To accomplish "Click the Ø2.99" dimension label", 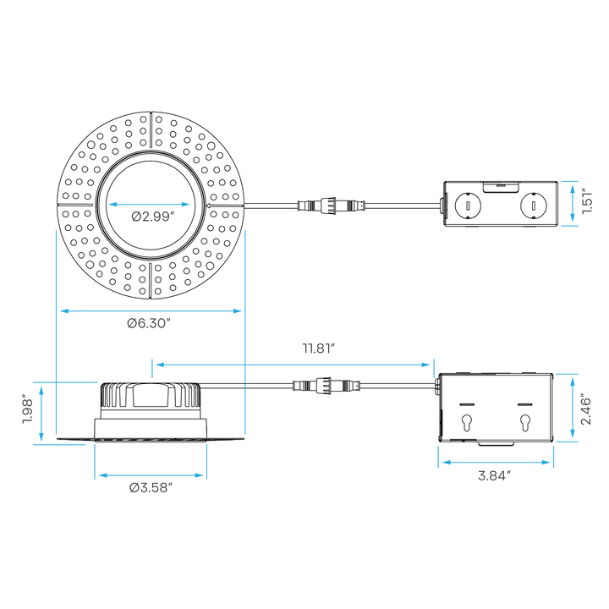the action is (x=151, y=217).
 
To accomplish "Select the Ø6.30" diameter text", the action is (x=149, y=323).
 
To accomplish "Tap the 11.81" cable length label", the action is (x=319, y=348).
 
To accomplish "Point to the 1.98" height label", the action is (x=28, y=409).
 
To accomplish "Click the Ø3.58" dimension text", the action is (x=151, y=488).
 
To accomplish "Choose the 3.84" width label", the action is (x=494, y=475).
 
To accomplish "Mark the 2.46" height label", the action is (x=585, y=411).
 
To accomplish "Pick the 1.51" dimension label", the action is (x=587, y=201).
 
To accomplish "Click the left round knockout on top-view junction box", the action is (x=468, y=205).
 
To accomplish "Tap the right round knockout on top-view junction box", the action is (x=534, y=205).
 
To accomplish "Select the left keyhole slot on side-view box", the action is (x=467, y=423).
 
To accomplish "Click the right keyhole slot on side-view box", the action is (x=525, y=423).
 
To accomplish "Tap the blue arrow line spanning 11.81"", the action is (x=293, y=365).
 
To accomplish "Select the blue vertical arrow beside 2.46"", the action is (x=572, y=408).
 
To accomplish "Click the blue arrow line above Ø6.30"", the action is (x=151, y=310).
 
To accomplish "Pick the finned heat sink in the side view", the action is (x=151, y=395).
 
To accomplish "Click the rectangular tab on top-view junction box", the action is (x=501, y=187).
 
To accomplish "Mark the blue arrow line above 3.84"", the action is (x=496, y=462).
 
